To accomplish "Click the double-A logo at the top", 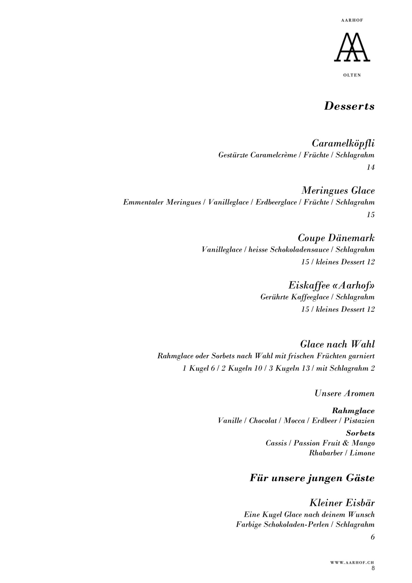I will (352, 47).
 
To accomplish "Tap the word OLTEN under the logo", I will (352, 75).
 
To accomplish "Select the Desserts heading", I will (349, 106).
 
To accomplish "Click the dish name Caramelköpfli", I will (343, 143).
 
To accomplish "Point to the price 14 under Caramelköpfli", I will (371, 167).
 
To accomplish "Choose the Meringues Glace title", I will (338, 191).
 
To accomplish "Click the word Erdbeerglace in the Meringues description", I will (276, 202).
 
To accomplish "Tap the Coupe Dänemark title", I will (336, 238).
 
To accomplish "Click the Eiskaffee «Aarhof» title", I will (331, 285).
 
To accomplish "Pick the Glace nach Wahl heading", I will (337, 344).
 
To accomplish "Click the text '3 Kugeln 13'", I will (292, 368).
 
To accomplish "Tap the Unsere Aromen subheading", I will (344, 393).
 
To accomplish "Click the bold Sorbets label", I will (360, 433).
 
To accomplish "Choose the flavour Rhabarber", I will (325, 453).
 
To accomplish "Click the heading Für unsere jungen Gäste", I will (312, 478).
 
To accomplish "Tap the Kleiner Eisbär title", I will (342, 503).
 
